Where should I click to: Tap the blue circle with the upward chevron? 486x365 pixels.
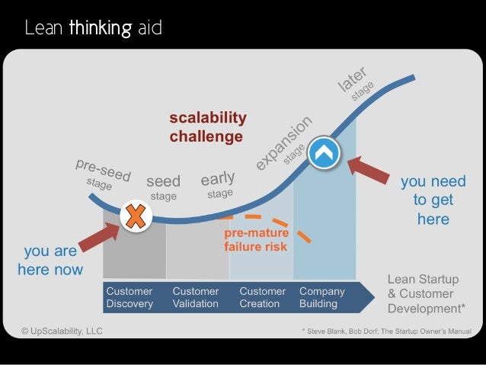click(x=325, y=152)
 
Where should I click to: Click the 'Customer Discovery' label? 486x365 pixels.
click(x=129, y=297)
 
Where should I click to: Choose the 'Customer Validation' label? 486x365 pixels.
click(x=197, y=297)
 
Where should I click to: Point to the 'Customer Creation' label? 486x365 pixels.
click(x=263, y=297)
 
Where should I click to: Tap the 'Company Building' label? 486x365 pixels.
click(x=322, y=297)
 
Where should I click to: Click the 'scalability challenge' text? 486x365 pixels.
click(x=207, y=127)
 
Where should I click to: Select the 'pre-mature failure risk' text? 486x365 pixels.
click(x=255, y=240)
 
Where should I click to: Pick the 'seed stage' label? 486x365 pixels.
click(x=163, y=187)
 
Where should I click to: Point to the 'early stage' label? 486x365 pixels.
click(x=218, y=185)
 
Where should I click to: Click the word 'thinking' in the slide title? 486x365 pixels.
click(x=98, y=30)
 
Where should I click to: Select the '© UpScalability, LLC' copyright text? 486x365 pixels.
click(x=62, y=331)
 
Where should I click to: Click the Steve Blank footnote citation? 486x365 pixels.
click(x=386, y=331)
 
